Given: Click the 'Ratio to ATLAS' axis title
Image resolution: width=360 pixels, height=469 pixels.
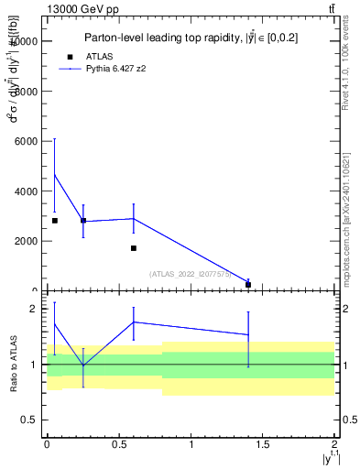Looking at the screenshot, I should coord(13,365).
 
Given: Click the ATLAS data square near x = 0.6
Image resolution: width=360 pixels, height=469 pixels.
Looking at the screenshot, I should coord(134,248).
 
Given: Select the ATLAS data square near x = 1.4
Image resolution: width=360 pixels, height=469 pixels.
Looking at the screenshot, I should coord(248,285).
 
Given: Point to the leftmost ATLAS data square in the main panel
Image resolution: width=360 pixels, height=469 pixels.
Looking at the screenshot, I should coord(55,221).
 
